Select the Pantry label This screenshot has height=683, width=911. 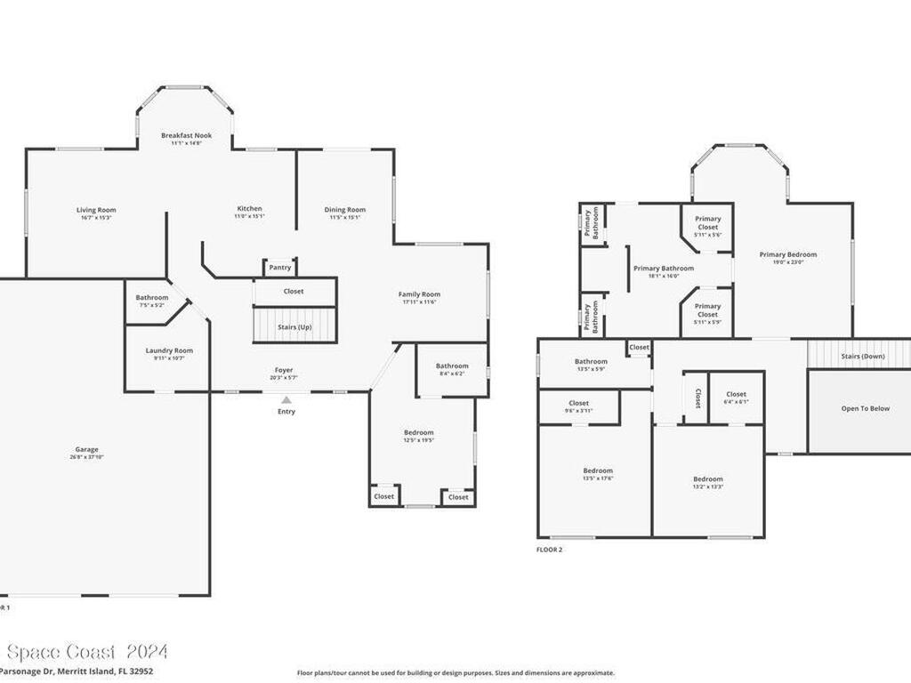[x=279, y=267]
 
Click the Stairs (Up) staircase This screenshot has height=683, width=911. [x=295, y=325]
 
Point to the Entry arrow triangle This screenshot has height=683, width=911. [x=286, y=400]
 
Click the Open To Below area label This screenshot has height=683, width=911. [x=865, y=408]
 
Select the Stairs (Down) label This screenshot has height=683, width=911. [x=863, y=357]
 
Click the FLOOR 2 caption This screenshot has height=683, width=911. [x=549, y=550]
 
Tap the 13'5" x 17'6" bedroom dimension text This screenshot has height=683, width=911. [x=597, y=478]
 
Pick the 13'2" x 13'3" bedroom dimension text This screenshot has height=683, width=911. [x=707, y=486]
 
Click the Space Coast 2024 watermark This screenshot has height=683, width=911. [x=85, y=652]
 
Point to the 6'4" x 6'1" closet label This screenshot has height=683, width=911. [x=736, y=401]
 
